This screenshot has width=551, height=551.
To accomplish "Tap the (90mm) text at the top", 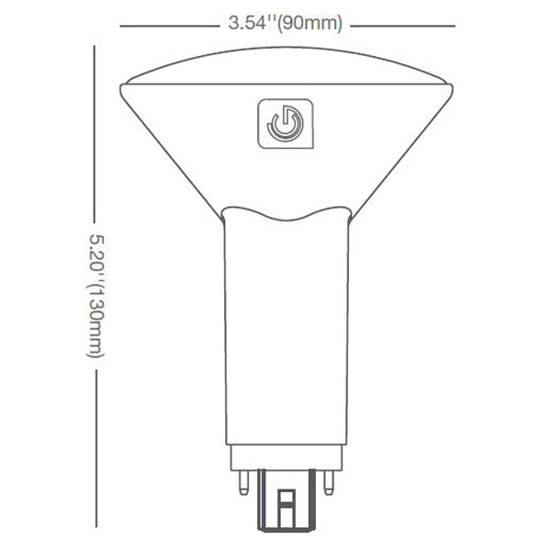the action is click(x=309, y=24).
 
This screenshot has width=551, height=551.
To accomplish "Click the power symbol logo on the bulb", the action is click(x=286, y=123).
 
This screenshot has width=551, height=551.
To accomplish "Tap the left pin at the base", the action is click(x=243, y=483).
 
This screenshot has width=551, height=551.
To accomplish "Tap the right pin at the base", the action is click(x=329, y=483).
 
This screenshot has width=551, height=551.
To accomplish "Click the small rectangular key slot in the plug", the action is click(x=287, y=508).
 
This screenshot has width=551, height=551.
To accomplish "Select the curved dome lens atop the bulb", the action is click(x=287, y=66).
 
